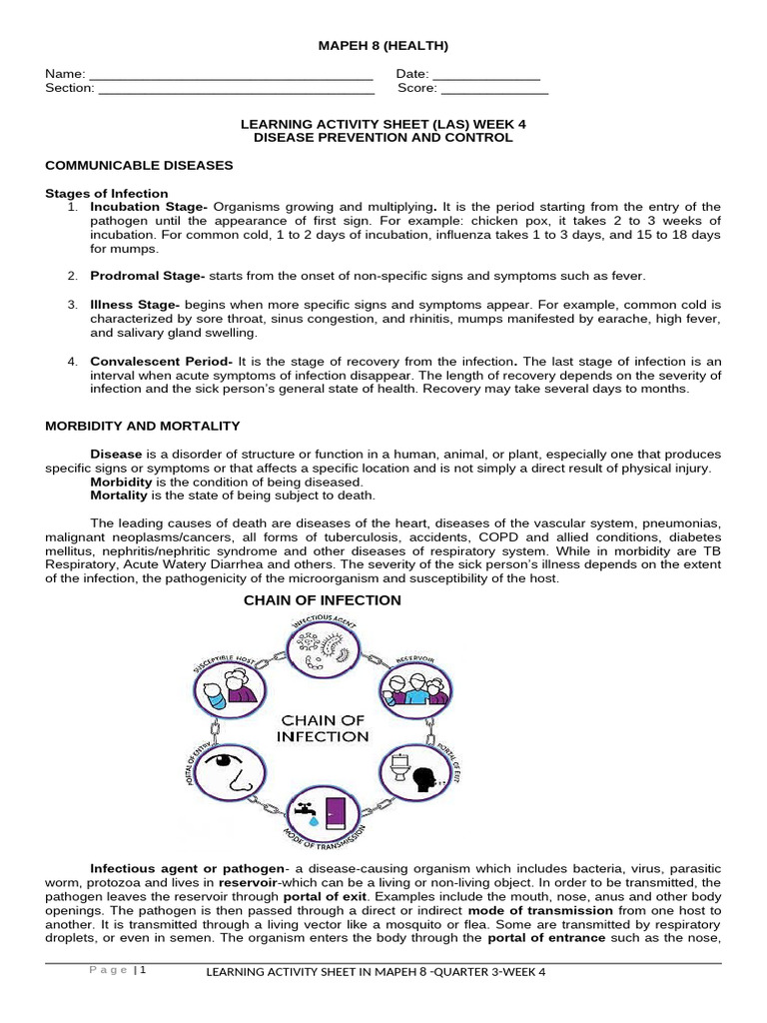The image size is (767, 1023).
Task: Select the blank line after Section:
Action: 237,90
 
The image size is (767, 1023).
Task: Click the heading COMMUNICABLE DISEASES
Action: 139,164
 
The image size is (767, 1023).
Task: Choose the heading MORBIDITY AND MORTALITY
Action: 143,426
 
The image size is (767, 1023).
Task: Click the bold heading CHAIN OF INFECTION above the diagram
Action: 323,600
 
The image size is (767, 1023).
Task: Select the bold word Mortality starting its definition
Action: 119,495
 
